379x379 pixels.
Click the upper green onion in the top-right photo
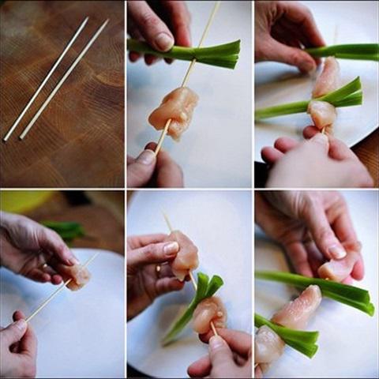pos(347,51)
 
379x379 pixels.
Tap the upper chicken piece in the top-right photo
pos(326,77)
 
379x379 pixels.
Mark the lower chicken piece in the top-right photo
pos(321,114)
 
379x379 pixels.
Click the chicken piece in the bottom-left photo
pos(77,276)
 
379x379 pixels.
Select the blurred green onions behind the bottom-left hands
pos(67,230)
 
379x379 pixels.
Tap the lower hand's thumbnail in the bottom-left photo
pos(17,325)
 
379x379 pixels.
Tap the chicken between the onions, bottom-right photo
pos(298,310)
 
